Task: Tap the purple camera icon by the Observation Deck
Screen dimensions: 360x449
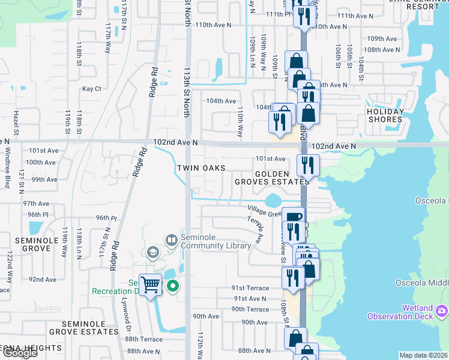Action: click(442, 311)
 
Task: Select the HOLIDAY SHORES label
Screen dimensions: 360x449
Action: click(385, 115)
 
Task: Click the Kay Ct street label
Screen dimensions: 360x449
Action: click(92, 89)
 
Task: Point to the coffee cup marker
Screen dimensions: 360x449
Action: click(292, 217)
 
